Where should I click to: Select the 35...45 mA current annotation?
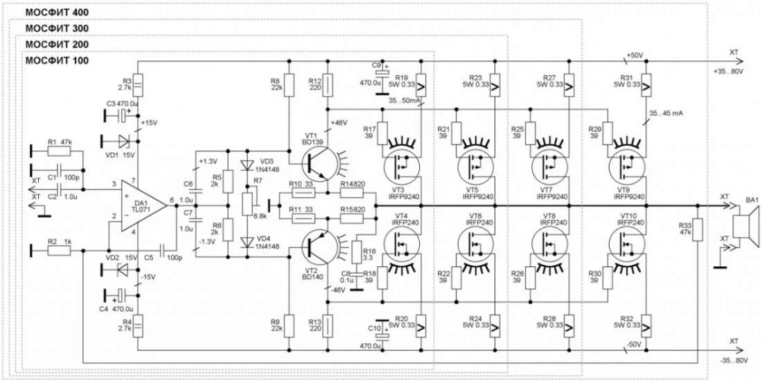coord(666,113)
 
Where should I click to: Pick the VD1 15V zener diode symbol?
coord(123,141)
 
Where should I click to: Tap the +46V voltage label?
coord(339,123)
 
